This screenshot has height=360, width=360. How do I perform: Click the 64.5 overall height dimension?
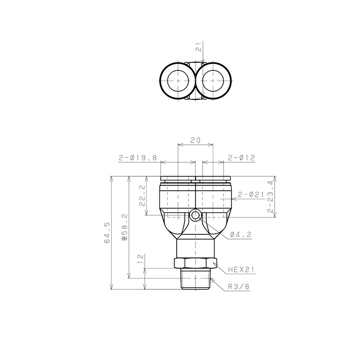(x=107, y=233)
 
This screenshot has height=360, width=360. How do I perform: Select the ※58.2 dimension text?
(x=124, y=227)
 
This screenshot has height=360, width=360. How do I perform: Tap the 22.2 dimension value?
(x=142, y=196)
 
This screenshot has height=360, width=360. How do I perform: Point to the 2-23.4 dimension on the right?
(x=270, y=196)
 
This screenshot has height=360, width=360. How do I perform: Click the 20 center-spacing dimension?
(x=195, y=140)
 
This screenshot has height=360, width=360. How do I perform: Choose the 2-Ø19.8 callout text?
(x=138, y=157)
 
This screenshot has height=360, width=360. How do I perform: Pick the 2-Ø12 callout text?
(x=241, y=157)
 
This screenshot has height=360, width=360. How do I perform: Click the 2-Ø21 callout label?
(x=251, y=195)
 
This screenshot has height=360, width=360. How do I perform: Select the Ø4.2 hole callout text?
(x=241, y=235)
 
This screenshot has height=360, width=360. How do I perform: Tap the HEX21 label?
(x=241, y=270)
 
